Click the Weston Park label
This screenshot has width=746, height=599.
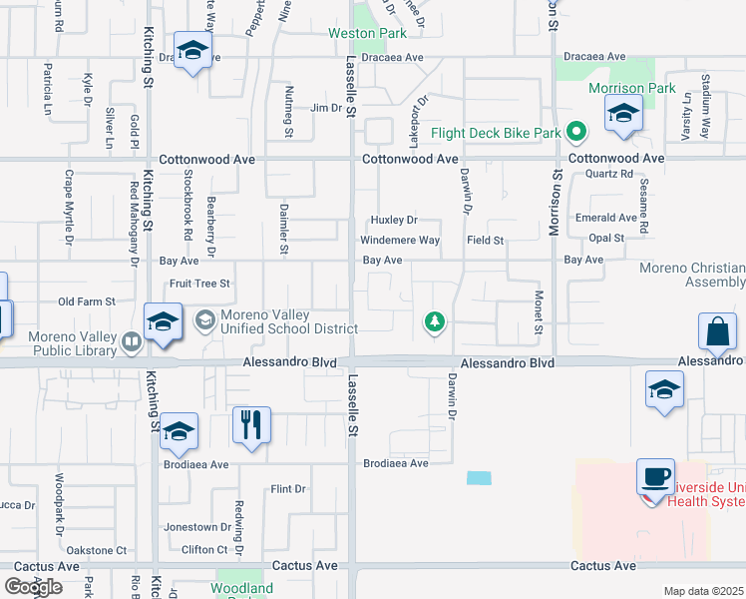pos(367,33)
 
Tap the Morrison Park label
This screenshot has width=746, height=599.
pos(631,88)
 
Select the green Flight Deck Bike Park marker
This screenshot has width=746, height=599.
pos(576,132)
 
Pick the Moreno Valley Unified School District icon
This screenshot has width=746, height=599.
pos(206,320)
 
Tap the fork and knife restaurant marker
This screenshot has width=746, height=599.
pos(250,424)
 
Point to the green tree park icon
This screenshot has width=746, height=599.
pos(434,321)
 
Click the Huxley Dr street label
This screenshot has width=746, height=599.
pos(393,220)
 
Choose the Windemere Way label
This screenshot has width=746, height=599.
pos(400,241)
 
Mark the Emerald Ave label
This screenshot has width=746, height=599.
pos(606,218)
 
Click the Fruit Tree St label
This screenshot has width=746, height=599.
pos(199,284)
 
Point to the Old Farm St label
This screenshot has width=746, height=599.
pos(88,301)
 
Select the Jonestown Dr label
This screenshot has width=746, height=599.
pos(197,527)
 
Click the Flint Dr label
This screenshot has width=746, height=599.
pos(287,489)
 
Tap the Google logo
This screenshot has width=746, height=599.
pos(33,587)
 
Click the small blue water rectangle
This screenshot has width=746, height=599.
pos(479,478)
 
